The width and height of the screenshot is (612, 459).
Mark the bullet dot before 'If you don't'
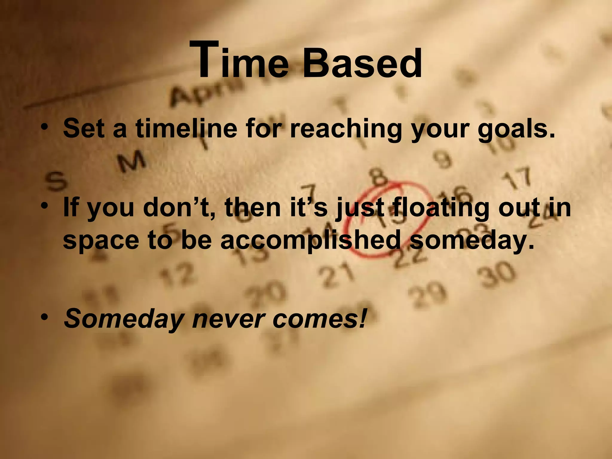(45, 206)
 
